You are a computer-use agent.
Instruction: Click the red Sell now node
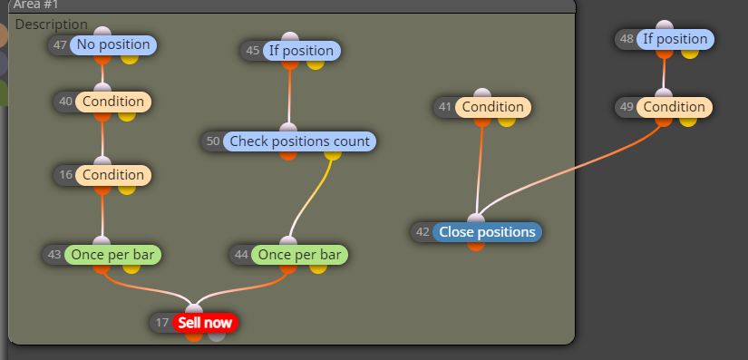[205, 323]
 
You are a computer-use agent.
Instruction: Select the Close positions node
[487, 232]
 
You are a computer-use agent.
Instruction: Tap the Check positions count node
[299, 141]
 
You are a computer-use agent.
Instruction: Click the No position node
[113, 44]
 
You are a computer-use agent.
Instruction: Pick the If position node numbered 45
[300, 51]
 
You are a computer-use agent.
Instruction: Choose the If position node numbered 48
[675, 39]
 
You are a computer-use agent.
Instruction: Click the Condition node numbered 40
[113, 102]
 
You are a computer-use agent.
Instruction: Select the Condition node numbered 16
[113, 175]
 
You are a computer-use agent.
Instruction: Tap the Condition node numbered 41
[493, 107]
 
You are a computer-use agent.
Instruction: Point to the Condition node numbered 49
[674, 107]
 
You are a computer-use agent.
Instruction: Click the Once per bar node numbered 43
[112, 255]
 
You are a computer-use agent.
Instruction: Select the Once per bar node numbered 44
[299, 255]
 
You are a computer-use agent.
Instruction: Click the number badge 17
[162, 323]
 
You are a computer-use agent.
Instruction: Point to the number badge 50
[213, 141]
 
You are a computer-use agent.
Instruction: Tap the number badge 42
[423, 232]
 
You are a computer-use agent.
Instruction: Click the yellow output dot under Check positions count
[333, 154]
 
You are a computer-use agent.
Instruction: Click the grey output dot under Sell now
[217, 336]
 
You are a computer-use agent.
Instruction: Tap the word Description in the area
[52, 24]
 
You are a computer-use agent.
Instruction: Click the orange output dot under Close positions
[476, 245]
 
